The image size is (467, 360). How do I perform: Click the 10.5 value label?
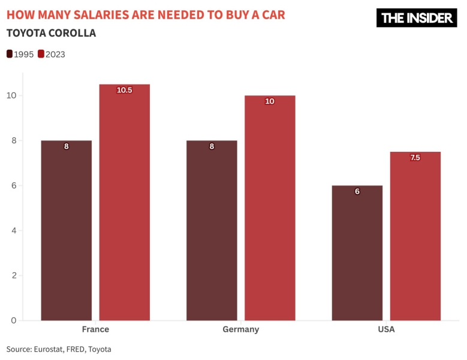[124, 90]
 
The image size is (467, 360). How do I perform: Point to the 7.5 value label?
[415, 158]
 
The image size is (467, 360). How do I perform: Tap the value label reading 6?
[357, 191]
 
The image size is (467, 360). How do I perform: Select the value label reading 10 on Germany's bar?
[270, 101]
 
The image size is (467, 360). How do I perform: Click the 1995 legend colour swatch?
[10, 54]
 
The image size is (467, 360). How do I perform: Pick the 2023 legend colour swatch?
[41, 54]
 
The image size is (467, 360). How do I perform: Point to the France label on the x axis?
[95, 329]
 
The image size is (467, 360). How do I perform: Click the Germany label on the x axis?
[240, 329]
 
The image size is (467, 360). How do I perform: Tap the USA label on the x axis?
[386, 329]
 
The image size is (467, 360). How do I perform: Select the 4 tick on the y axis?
[13, 230]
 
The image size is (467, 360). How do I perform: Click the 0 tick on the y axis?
[13, 320]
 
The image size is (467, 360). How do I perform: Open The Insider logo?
[417, 18]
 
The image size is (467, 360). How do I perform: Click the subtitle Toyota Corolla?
[51, 33]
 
